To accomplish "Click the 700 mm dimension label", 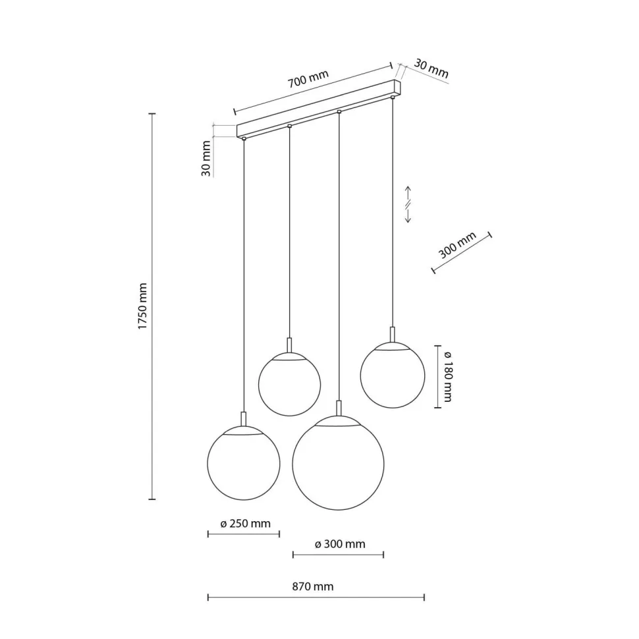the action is (308, 78).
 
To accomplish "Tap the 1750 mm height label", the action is (142, 306).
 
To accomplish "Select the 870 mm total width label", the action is (312, 586).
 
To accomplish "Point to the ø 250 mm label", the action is (245, 523).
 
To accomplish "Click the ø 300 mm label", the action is (340, 544).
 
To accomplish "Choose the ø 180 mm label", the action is (447, 376).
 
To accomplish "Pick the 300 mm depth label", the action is (457, 245).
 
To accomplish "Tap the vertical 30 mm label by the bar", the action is (206, 159).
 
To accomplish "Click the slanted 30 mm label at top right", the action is (431, 69).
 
